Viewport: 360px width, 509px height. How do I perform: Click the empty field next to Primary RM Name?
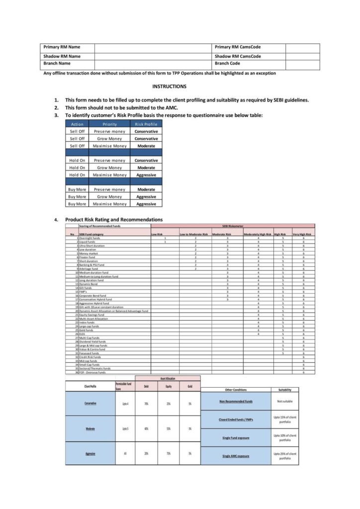point(153,48)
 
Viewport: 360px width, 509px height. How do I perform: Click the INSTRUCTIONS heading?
point(169,86)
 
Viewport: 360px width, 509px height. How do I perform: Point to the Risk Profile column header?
point(146,124)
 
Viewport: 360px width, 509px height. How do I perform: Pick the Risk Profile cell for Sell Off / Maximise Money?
point(146,146)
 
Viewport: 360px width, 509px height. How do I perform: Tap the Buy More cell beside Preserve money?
point(77,189)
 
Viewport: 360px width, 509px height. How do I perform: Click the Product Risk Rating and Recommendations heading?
point(114,219)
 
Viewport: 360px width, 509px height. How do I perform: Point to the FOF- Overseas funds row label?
point(92,372)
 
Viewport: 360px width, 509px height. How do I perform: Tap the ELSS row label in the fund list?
point(83,334)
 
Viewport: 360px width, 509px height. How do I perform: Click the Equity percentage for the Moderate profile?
point(169,428)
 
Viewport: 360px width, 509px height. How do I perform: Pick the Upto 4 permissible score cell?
point(125,404)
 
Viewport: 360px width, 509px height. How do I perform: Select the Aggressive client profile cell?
point(90,454)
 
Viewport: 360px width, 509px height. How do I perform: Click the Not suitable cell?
point(285,401)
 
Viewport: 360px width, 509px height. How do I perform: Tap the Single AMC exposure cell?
point(236,456)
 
